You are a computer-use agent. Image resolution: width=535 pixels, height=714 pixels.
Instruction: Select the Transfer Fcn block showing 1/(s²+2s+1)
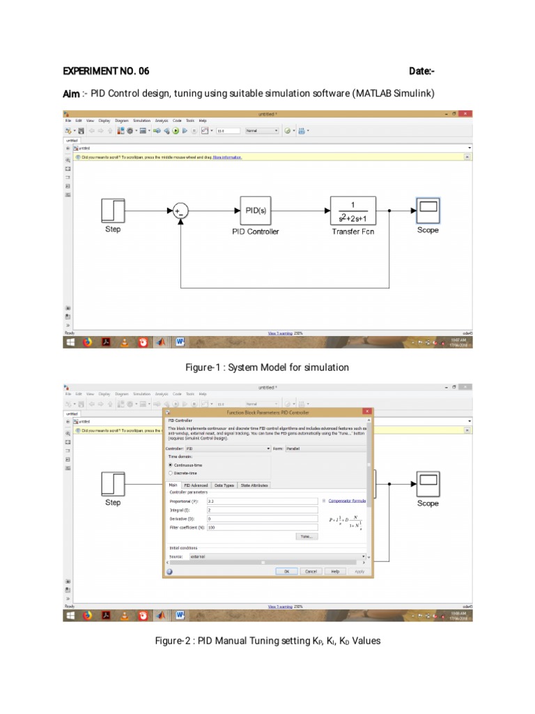(x=352, y=210)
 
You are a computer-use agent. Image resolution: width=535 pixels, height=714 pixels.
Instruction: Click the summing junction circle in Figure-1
(x=180, y=211)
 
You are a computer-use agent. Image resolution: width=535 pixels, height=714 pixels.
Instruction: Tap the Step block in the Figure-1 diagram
(x=113, y=210)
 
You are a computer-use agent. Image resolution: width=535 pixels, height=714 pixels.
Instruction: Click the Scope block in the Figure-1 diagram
(x=428, y=209)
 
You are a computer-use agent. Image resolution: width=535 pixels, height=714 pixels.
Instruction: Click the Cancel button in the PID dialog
(x=311, y=571)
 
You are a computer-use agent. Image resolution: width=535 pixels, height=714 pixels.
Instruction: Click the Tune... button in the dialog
(x=306, y=536)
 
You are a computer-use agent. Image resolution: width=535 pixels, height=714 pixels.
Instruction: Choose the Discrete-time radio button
(x=171, y=473)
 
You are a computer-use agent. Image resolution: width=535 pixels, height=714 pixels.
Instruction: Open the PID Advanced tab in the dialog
(x=196, y=485)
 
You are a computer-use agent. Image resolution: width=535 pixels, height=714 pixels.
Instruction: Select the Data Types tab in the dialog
(x=224, y=485)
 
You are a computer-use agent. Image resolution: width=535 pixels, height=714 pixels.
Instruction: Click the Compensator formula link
(x=347, y=501)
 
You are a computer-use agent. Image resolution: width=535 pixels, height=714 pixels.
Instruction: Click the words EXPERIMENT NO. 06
(x=106, y=71)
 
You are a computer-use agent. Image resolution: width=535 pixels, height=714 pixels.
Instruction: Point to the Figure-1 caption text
(x=267, y=367)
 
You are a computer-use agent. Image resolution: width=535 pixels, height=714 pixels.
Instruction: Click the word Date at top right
(x=422, y=71)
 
